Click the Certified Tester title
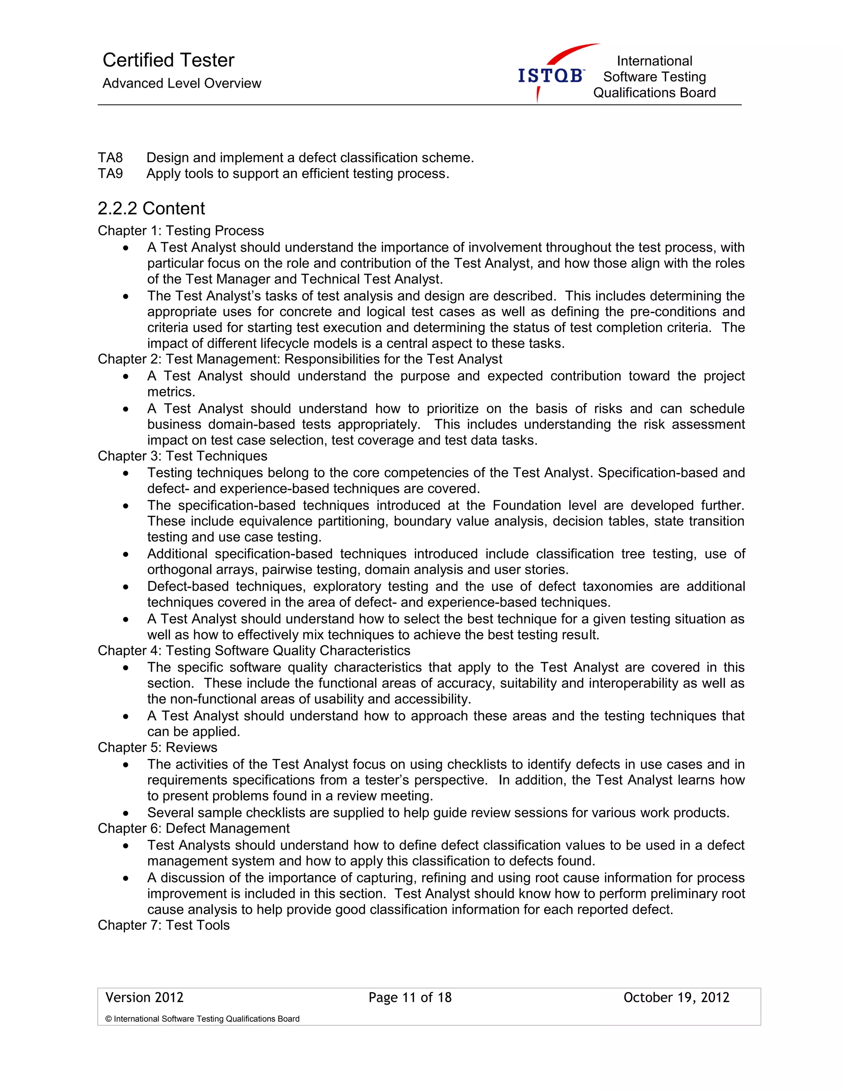tap(168, 60)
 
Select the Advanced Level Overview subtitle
tap(182, 83)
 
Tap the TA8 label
tap(110, 158)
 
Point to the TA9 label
tap(110, 174)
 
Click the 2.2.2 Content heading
tap(151, 208)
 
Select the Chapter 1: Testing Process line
tap(181, 231)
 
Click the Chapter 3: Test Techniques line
tap(182, 456)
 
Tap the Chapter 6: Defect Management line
tap(193, 828)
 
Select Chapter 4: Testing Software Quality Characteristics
tap(254, 650)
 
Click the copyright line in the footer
tap(202, 1018)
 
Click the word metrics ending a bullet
tap(170, 392)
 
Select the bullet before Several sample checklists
tap(126, 813)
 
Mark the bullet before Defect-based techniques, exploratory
tap(126, 587)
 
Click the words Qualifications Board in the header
tap(654, 93)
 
